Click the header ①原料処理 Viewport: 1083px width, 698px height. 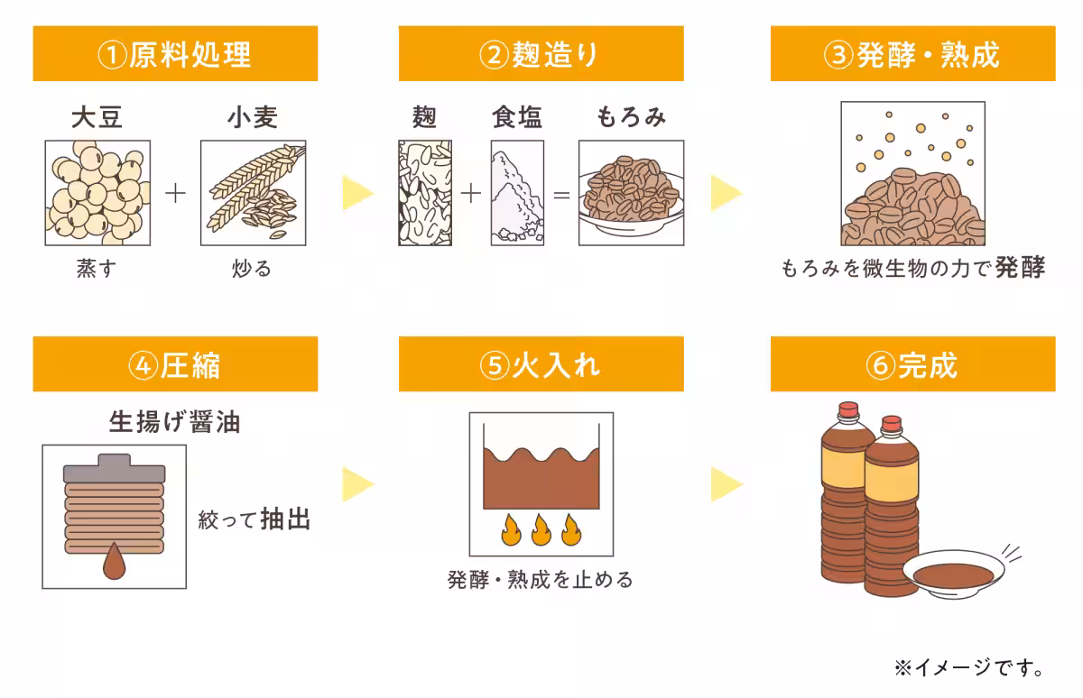175,54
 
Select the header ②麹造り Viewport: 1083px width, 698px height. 541,54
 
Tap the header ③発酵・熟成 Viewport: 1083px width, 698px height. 912,54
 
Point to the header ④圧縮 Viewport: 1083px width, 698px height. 175,364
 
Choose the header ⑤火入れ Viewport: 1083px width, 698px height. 541,364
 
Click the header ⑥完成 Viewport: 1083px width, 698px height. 912,364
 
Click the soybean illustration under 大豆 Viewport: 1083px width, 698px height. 97,193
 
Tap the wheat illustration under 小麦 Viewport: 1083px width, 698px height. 253,193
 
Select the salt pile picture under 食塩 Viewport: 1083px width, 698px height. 517,193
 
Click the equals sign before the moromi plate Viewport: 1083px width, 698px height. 561,194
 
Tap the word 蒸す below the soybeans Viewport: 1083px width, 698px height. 97,269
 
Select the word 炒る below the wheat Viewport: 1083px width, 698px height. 252,269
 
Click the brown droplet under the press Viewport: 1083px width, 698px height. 115,561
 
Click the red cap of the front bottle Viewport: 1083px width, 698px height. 891,423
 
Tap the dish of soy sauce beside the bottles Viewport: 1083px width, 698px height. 950,572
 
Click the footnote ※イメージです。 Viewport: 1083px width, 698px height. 969,668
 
